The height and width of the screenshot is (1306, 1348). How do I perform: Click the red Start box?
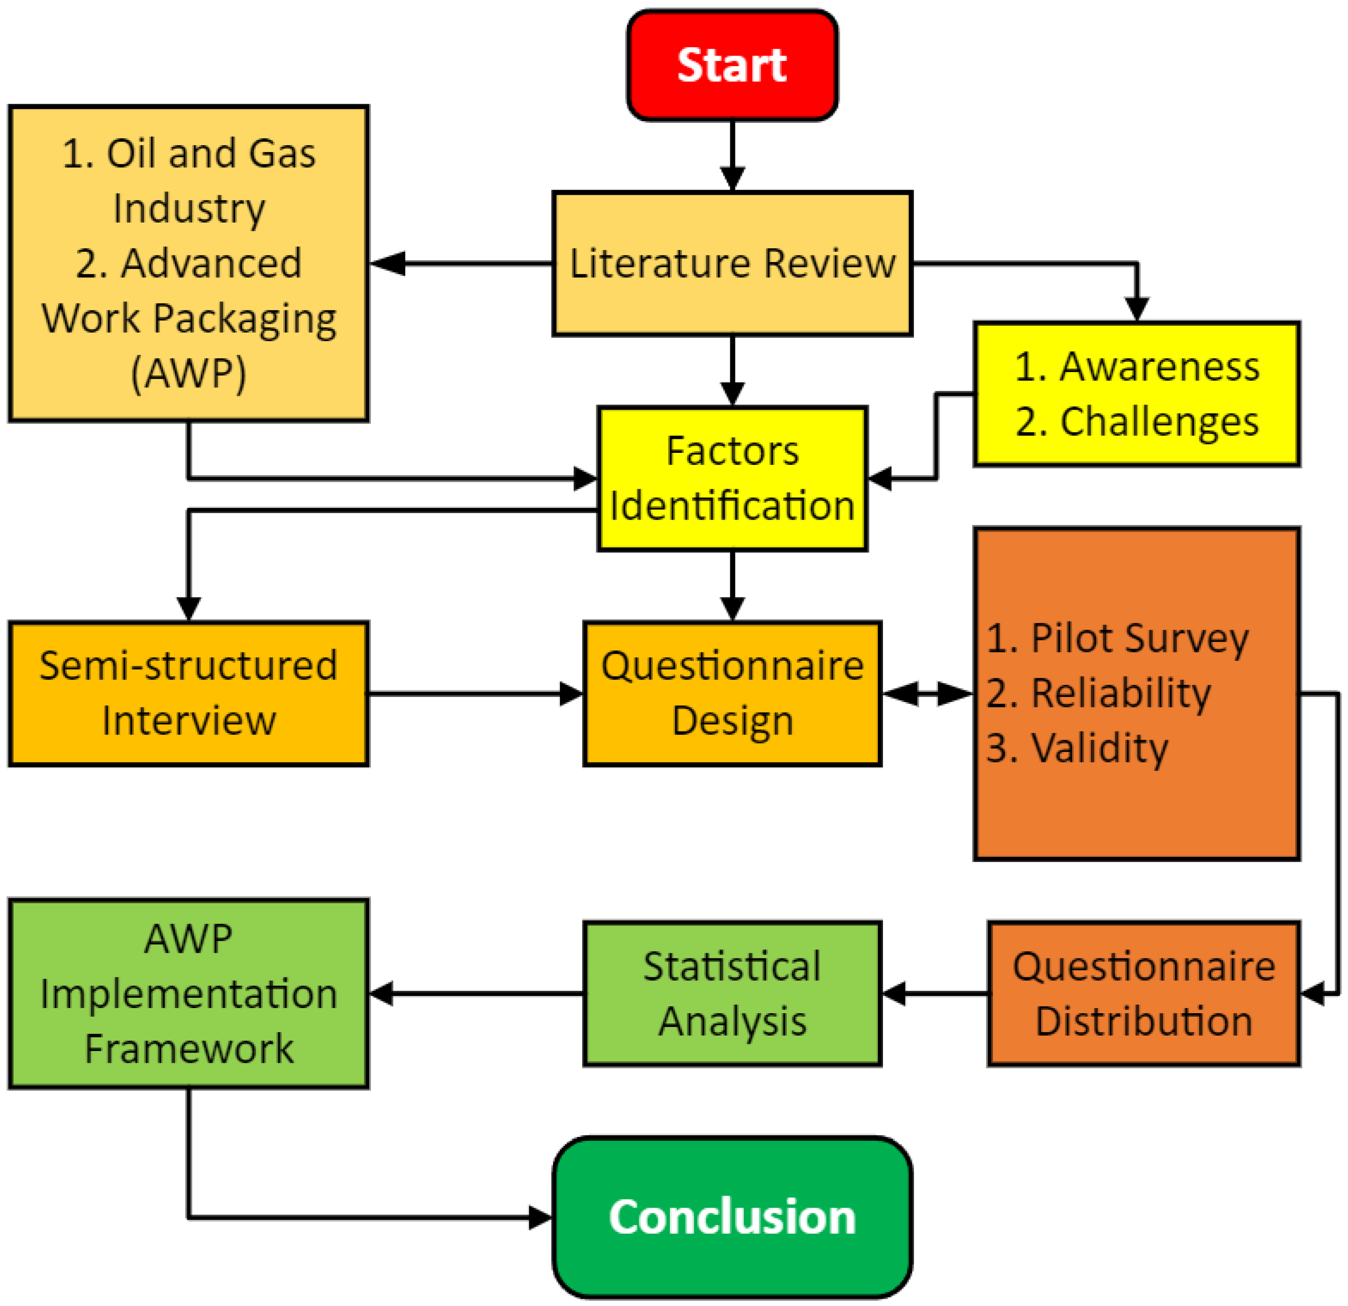click(x=732, y=65)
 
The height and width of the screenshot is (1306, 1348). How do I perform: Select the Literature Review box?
click(x=732, y=264)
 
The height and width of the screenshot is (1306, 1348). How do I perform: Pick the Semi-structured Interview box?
click(x=188, y=693)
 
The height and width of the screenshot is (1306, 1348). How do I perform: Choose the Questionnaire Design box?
click(x=732, y=693)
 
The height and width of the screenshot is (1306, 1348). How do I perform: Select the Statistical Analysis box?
click(x=732, y=994)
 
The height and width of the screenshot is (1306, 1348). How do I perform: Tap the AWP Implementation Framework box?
click(x=188, y=994)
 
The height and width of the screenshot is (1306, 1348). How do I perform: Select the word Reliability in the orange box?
click(x=1121, y=693)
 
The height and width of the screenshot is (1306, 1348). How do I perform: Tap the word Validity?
click(x=1099, y=748)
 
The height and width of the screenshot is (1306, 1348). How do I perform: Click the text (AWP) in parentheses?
click(x=188, y=374)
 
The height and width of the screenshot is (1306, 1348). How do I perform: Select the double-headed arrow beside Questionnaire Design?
click(x=927, y=693)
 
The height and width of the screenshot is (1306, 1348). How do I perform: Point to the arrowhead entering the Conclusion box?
click(x=540, y=1218)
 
